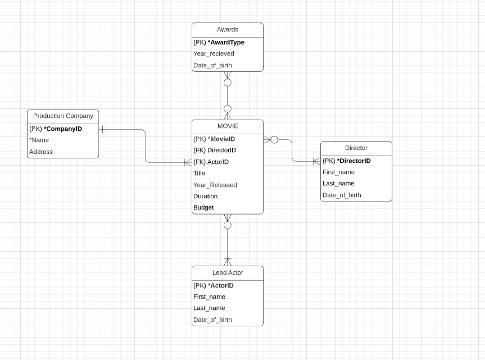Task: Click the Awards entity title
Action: (227, 30)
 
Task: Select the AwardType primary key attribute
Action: (219, 43)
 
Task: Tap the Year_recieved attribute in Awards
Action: (214, 54)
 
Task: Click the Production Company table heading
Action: (63, 116)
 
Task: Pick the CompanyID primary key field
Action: (56, 129)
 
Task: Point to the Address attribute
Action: (41, 152)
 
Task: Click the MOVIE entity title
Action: (228, 126)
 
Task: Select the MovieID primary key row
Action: (214, 139)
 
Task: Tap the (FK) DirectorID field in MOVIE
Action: (215, 151)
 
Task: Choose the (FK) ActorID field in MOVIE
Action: (211, 162)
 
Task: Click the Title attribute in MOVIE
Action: (200, 174)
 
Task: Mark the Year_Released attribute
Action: (215, 185)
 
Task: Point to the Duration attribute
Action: (205, 197)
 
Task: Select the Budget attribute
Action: (203, 208)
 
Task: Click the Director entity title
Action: (356, 148)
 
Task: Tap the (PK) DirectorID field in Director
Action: (347, 161)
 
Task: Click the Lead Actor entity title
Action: (228, 273)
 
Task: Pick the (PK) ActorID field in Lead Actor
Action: (214, 286)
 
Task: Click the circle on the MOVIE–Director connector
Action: (274, 140)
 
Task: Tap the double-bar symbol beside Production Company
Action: (103, 130)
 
